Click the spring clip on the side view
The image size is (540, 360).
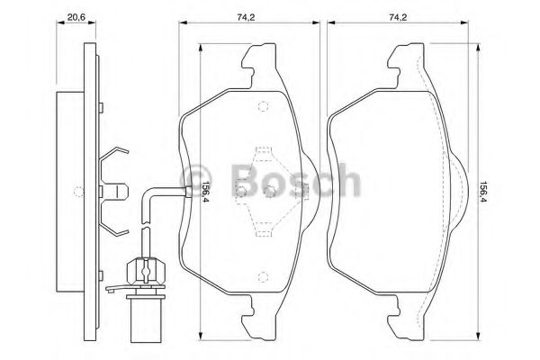[x=116, y=189]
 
